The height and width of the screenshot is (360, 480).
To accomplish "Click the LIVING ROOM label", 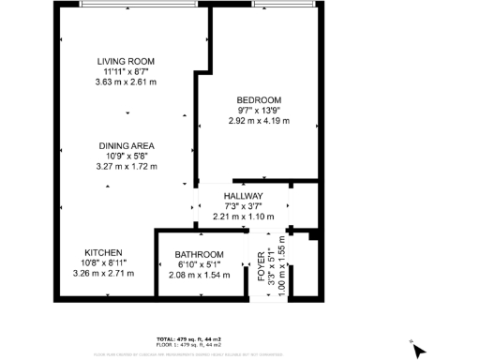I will (127, 61).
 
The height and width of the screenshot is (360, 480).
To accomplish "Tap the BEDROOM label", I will (257, 100).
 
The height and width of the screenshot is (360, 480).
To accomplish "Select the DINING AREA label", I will (127, 146).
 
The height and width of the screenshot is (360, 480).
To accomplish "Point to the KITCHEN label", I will (102, 254).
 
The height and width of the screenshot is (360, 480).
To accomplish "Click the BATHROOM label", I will (199, 255).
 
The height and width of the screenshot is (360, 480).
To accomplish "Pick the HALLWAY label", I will (243, 196).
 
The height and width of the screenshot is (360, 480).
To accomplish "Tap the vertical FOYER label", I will (262, 265).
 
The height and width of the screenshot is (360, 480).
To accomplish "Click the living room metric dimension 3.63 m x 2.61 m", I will (127, 82).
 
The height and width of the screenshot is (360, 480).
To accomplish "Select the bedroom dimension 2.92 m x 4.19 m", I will (257, 121).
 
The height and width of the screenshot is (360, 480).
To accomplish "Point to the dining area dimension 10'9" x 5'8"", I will (127, 157).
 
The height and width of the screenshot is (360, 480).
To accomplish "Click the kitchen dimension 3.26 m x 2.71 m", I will (103, 275).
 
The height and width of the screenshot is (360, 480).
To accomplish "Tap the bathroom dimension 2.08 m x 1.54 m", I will (199, 276).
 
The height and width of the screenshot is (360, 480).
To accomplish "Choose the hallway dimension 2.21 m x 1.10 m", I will (243, 217).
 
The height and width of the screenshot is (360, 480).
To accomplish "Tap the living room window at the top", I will (131, 5).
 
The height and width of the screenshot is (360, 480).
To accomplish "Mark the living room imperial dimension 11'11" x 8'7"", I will (127, 71).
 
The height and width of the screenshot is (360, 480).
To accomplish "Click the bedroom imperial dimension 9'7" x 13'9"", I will (257, 111).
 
